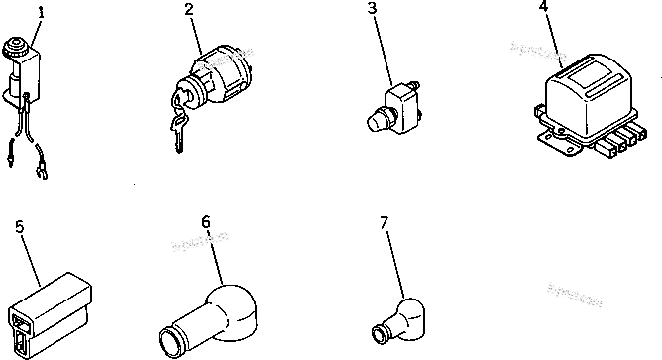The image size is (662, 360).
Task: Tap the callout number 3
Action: coord(371,10)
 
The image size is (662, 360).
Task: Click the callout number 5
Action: coord(20,225)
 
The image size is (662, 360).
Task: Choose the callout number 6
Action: coord(206,221)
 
